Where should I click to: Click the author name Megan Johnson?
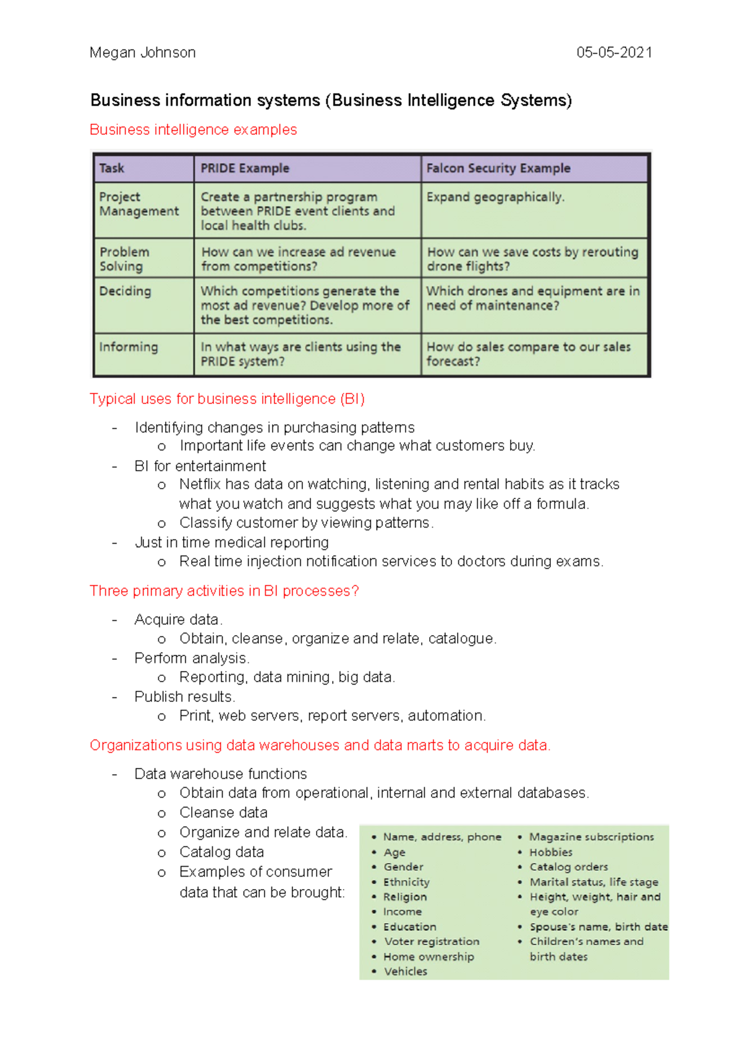click(142, 53)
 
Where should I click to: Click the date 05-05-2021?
click(614, 53)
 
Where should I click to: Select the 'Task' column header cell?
click(112, 168)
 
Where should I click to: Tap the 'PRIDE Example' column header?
click(245, 168)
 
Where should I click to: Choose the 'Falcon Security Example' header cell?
click(498, 168)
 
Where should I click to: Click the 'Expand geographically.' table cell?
click(495, 197)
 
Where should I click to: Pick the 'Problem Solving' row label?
click(124, 259)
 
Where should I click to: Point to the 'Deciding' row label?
click(125, 291)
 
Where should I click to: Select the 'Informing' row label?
click(129, 347)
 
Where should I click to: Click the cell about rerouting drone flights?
click(532, 259)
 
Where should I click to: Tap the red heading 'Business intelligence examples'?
click(194, 130)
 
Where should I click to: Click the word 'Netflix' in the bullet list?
click(200, 484)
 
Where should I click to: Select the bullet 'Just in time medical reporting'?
click(232, 542)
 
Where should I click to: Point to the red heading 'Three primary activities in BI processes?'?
click(224, 591)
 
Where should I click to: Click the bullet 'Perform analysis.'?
click(192, 658)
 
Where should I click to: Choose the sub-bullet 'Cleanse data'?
click(223, 812)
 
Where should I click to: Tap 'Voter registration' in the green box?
click(432, 941)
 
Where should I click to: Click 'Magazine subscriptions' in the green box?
click(591, 836)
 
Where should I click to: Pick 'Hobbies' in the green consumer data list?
click(551, 852)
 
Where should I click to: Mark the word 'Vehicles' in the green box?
click(406, 971)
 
